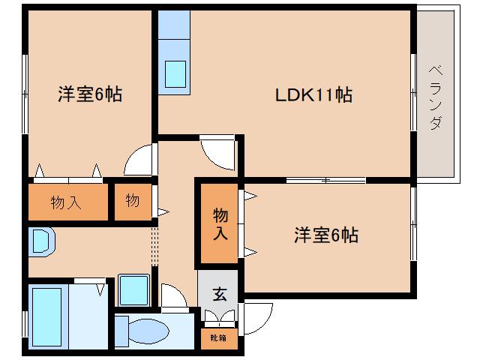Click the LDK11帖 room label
point(314,95)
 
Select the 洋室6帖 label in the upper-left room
point(90,95)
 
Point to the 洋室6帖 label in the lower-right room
point(325,235)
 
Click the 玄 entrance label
point(219,294)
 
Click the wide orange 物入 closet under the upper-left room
point(67,201)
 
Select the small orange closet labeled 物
point(133,201)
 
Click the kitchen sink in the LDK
point(175,73)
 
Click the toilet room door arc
point(174,298)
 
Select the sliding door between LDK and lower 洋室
point(325,180)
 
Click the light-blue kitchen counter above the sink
point(175,30)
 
